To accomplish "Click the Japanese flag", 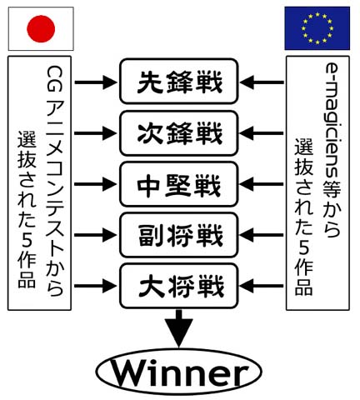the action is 41,28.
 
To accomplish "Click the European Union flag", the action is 317,28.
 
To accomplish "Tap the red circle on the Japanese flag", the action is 41,28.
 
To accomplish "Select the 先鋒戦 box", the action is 179,81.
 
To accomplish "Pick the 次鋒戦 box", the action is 179,133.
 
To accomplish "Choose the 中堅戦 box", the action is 179,184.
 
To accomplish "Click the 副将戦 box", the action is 179,235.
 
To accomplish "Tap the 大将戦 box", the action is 179,286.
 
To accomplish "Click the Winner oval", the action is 179,372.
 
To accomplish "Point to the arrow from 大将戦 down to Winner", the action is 179,328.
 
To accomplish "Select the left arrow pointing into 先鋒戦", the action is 96,82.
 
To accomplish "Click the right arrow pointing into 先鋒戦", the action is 262,82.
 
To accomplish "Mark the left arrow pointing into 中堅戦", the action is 96,184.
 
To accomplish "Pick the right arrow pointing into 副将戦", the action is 262,235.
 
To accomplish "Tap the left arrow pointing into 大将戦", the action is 96,286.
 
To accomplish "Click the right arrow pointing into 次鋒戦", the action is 262,133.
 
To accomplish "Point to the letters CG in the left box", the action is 54,79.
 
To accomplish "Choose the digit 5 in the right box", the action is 304,247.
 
